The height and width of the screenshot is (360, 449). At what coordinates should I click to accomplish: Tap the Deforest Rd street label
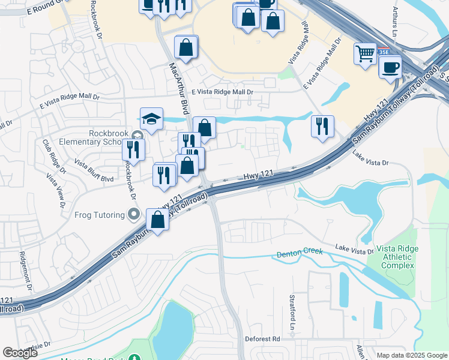[262, 339]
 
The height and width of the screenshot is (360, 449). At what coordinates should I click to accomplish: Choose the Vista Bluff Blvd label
[94, 170]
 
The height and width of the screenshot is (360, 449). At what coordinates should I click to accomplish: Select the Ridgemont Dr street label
[27, 272]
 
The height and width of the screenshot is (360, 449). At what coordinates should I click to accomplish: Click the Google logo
[20, 353]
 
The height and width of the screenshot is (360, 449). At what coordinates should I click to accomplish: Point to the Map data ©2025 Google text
[411, 355]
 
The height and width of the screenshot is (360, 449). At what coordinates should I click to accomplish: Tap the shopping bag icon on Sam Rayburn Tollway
[157, 220]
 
